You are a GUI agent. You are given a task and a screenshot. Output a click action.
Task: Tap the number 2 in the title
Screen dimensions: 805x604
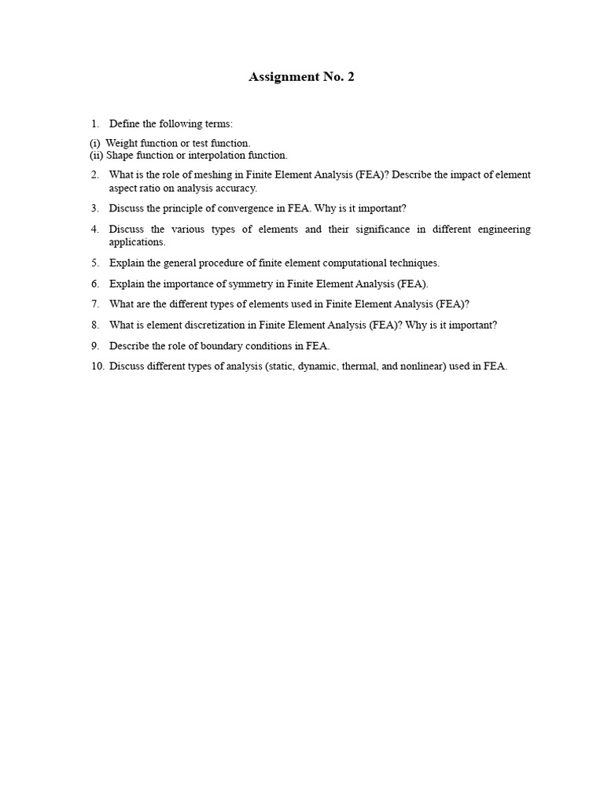click(349, 77)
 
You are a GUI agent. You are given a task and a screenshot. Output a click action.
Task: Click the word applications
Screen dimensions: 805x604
click(137, 242)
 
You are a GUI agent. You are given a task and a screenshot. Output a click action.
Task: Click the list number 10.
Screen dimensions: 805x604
click(97, 366)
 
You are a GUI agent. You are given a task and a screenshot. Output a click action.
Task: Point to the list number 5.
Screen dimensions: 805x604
click(94, 263)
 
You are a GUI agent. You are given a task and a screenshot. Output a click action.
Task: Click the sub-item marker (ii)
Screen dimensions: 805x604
click(96, 156)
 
